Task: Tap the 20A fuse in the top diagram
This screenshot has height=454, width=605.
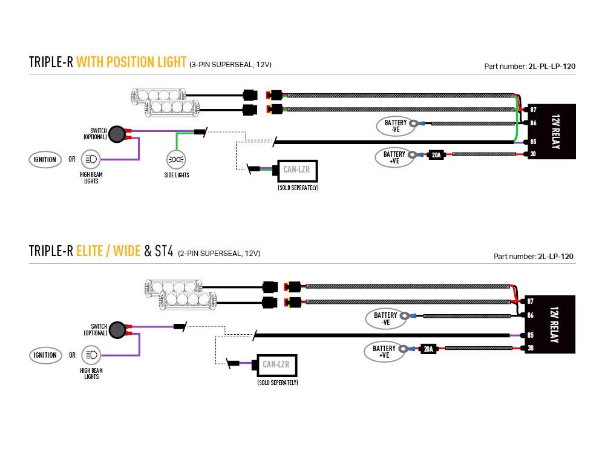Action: point(436,154)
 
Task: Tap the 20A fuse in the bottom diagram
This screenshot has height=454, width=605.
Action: point(428,348)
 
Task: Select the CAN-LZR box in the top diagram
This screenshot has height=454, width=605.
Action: point(296,169)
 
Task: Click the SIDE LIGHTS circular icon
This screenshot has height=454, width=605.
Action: point(176,160)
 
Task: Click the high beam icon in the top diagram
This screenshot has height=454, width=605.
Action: point(91,160)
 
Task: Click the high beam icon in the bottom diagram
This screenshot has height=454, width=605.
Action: point(91,355)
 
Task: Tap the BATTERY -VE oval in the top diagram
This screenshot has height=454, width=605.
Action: point(396,126)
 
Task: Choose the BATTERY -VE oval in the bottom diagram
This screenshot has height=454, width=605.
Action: point(385,318)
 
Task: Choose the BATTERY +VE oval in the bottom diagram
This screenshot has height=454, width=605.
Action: point(384,351)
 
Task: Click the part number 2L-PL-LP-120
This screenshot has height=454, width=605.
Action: point(552,67)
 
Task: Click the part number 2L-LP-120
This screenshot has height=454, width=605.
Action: point(555,257)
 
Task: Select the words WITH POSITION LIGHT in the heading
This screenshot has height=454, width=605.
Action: point(131,62)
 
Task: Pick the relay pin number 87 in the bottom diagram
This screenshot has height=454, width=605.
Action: point(530,301)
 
